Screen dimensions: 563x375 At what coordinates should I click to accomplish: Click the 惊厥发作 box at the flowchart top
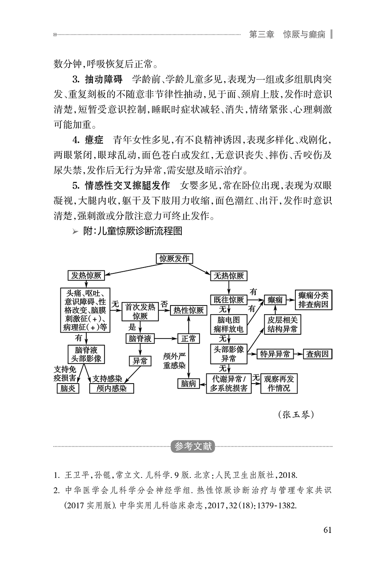174,259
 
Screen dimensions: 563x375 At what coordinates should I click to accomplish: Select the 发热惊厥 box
86,275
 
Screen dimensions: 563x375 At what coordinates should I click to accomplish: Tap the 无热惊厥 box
229,275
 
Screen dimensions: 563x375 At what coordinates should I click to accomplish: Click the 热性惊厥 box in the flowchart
188,310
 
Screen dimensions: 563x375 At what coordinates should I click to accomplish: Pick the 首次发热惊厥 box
140,312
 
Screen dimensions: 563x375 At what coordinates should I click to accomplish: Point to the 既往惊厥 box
229,300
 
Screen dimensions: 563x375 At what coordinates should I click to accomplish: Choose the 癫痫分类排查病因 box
313,300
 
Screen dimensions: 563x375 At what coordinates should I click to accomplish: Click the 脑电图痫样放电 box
229,324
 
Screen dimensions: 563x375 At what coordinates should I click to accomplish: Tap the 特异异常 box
275,354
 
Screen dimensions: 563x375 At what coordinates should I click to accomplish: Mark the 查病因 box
317,354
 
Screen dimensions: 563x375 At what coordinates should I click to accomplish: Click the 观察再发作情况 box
279,384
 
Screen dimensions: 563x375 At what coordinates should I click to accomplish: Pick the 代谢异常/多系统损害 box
229,384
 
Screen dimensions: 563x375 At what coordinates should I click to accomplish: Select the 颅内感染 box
111,389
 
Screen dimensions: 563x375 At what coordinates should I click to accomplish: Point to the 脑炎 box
67,389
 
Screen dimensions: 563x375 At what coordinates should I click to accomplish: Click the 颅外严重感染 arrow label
174,361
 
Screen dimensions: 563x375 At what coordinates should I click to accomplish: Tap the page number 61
327,530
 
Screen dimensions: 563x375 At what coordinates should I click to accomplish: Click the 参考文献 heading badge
193,447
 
